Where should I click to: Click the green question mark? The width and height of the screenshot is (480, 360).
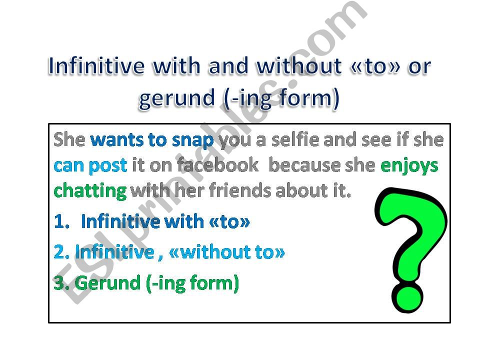click(x=410, y=235)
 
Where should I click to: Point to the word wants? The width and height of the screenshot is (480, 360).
click(x=116, y=140)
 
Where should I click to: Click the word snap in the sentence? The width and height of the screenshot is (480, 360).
click(x=192, y=140)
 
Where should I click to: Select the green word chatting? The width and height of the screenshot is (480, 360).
click(x=90, y=190)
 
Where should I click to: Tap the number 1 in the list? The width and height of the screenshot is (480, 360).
click(x=59, y=221)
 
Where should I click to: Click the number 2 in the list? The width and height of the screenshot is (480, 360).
click(x=59, y=252)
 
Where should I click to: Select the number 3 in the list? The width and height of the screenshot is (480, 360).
click(x=59, y=283)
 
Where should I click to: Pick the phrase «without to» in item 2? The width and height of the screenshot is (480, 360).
click(x=227, y=252)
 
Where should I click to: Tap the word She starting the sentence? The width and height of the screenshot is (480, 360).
click(x=70, y=140)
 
